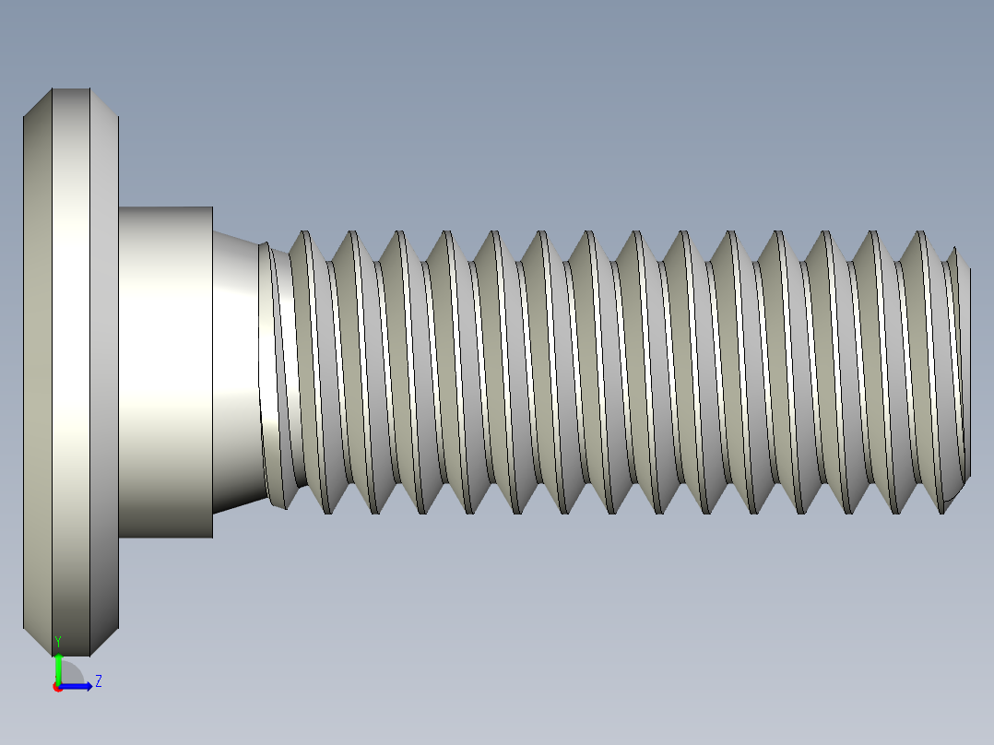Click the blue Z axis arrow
click(x=77, y=685)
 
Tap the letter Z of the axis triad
click(x=98, y=681)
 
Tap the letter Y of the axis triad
click(x=57, y=641)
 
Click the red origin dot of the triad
click(x=57, y=687)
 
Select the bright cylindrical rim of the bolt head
click(x=70, y=369)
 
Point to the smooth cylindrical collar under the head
click(x=166, y=369)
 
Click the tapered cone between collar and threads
click(x=236, y=369)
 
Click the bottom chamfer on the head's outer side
click(x=38, y=642)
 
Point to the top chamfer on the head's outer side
click(x=38, y=102)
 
